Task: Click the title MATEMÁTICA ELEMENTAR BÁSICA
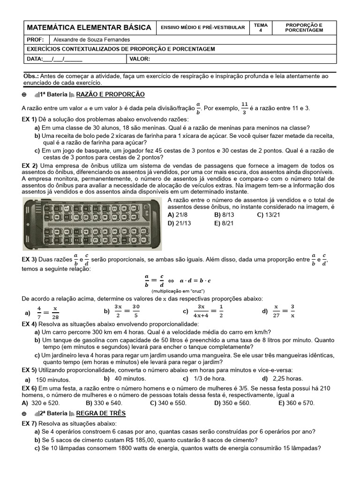coord(89,28)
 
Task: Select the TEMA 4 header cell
coord(261,27)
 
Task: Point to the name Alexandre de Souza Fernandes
coord(92,40)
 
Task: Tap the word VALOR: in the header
coord(141,59)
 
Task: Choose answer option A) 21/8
coord(178,215)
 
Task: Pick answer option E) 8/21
coord(224,223)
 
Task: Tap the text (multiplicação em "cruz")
coord(178,291)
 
